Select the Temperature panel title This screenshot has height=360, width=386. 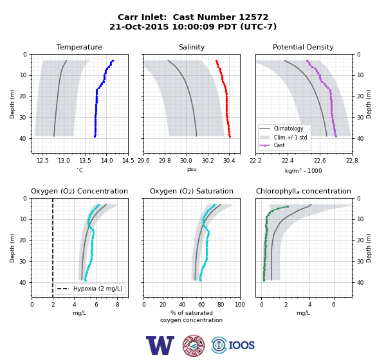pyautogui.click(x=79, y=47)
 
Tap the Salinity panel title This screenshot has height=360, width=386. pyautogui.click(x=192, y=47)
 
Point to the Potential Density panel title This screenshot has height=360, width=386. pyautogui.click(x=303, y=47)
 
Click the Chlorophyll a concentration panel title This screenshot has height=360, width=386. pyautogui.click(x=304, y=191)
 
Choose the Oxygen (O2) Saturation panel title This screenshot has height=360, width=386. pyautogui.click(x=192, y=191)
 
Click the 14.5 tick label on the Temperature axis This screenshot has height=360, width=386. pyautogui.click(x=128, y=161)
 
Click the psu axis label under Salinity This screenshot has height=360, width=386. pyautogui.click(x=192, y=169)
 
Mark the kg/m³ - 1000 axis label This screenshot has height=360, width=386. pyautogui.click(x=303, y=170)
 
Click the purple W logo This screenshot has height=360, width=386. pyautogui.click(x=160, y=345)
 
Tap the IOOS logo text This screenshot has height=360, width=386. pyautogui.click(x=241, y=345)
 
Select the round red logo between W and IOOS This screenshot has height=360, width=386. pyautogui.click(x=194, y=345)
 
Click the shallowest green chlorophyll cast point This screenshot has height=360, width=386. pyautogui.click(x=288, y=207)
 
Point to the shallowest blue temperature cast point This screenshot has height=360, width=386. pyautogui.click(x=113, y=60)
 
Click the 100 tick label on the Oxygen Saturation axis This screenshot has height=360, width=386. pyautogui.click(x=240, y=305)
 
